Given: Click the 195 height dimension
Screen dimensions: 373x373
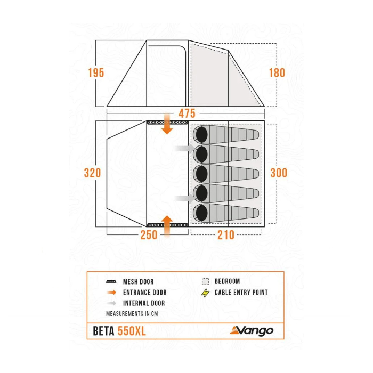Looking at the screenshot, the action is [x=96, y=73].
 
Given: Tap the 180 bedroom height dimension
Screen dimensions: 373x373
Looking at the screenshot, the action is [x=277, y=73].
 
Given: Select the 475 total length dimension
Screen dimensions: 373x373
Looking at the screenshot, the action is [x=187, y=113].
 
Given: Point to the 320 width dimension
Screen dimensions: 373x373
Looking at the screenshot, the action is [x=92, y=173].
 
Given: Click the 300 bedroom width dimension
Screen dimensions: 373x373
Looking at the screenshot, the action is [x=279, y=173].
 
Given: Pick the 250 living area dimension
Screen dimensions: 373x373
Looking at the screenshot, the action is [x=149, y=235].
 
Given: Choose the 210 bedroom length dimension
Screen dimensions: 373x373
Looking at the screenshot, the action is [x=226, y=235].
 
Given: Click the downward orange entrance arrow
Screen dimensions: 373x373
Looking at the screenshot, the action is [x=167, y=124].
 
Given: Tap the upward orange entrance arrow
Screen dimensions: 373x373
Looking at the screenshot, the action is [x=167, y=226].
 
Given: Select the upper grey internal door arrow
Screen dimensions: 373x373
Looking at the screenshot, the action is [x=184, y=149].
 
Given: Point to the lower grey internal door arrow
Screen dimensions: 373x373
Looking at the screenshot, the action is [x=184, y=198].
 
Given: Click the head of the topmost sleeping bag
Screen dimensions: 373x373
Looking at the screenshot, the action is [x=202, y=135].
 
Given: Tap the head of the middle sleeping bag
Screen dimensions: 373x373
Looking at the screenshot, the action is [x=202, y=173].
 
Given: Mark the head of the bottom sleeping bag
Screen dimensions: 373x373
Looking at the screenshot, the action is [x=202, y=212].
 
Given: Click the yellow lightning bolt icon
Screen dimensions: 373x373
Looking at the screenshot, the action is [x=206, y=293].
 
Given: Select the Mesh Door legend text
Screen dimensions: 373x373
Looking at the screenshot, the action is [x=138, y=282].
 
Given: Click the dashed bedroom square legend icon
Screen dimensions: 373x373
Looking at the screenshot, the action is [x=205, y=281].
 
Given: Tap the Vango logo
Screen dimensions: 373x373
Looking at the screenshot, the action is [x=252, y=331].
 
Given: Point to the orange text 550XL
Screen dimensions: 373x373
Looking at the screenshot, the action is [x=132, y=331].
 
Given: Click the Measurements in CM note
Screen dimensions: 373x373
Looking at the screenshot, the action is [x=132, y=314].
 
